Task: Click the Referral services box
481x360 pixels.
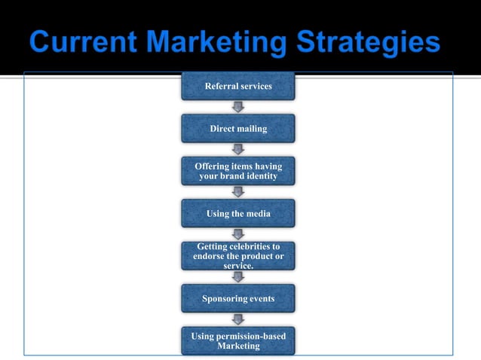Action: coord(238,87)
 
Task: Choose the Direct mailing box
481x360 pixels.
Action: coord(238,129)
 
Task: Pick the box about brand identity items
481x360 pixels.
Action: coord(238,171)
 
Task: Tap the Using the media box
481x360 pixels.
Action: coord(238,214)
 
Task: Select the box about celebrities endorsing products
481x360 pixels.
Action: coord(238,256)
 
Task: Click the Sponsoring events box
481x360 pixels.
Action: coord(238,299)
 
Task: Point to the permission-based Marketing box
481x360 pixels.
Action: coord(238,341)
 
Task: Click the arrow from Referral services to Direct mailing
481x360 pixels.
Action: coord(238,107)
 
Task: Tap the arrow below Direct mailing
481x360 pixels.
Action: coord(238,149)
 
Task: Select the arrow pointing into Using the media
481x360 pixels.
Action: coord(238,192)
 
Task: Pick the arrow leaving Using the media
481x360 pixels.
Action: coord(238,234)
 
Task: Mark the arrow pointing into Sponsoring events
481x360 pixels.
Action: coord(238,277)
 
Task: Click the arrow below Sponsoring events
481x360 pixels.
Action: coord(238,319)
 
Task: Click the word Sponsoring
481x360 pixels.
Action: coord(222,299)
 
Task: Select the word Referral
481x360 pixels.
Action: coord(222,87)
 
